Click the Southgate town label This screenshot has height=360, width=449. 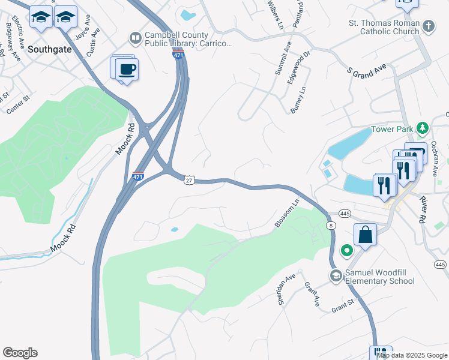click(49, 49)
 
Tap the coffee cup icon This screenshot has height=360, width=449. click(127, 70)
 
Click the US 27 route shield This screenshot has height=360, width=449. click(189, 180)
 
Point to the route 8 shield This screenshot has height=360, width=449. click(331, 225)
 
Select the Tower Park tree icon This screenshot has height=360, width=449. click(423, 128)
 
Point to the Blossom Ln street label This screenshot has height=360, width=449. click(286, 214)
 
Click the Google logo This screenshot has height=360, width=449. click(20, 353)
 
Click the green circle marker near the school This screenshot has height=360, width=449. click(346, 250)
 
